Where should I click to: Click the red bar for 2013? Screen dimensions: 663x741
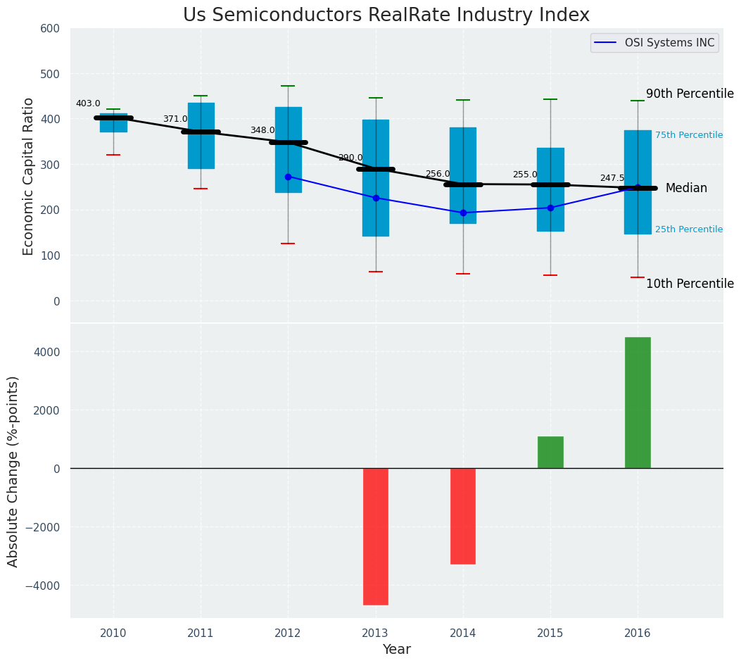point(376,536)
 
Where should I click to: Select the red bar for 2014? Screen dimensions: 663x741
point(463,516)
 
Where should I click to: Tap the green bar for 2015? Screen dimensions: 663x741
point(550,453)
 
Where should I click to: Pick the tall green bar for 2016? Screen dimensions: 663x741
point(638,403)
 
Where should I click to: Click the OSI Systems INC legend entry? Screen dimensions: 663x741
point(669,43)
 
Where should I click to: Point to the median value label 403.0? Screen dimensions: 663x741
point(88,103)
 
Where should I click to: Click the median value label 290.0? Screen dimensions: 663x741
point(350,158)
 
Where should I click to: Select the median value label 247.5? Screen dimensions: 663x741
point(612,179)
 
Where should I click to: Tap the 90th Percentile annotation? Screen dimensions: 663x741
point(690,94)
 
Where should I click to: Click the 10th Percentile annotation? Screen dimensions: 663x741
point(690,284)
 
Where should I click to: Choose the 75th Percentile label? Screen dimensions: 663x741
point(689,135)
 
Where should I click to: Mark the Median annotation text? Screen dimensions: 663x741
point(686,188)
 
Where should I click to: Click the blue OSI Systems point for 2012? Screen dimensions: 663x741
point(288,177)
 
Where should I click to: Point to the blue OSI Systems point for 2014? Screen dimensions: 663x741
point(463,213)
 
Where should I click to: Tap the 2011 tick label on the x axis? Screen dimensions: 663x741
point(201,633)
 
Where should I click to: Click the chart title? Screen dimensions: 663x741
point(386,15)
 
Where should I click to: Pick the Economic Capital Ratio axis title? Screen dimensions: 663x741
point(29,176)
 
